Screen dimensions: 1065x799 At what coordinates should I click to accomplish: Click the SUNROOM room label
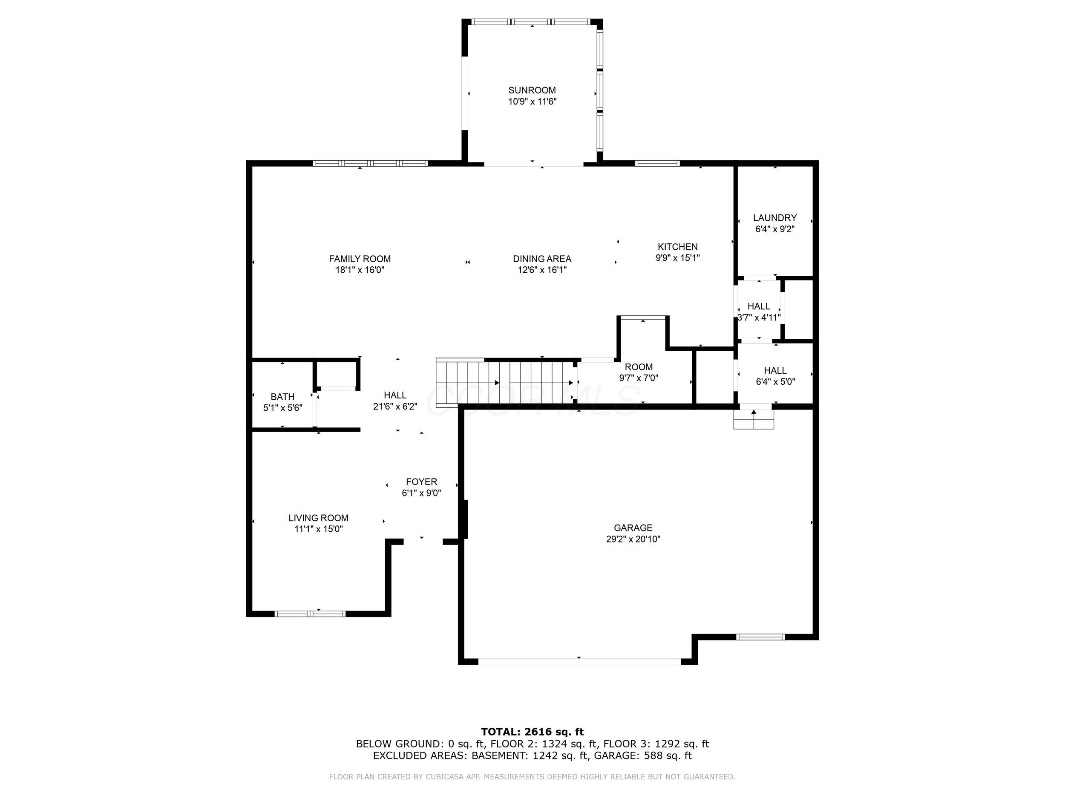(532, 90)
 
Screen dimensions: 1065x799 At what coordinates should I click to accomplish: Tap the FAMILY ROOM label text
(360, 259)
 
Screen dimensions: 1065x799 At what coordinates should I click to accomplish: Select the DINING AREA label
(542, 259)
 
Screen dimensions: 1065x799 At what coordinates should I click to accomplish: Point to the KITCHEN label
(677, 247)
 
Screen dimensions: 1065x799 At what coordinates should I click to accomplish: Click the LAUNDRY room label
(774, 218)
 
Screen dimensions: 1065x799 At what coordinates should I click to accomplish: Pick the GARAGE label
(633, 528)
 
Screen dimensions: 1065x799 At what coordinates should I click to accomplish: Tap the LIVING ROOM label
(318, 518)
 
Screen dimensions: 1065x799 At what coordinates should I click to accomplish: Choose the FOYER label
(421, 482)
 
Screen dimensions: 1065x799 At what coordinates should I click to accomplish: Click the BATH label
(282, 397)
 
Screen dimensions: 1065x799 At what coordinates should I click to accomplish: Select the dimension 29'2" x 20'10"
(633, 539)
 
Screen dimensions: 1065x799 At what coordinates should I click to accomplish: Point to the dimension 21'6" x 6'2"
(395, 407)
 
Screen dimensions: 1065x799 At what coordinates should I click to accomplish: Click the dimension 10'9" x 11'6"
(532, 101)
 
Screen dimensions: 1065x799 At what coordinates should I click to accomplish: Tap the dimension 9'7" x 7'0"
(639, 378)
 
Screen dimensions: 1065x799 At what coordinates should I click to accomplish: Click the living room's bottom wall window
(310, 614)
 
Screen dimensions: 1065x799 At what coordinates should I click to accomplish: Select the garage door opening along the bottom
(579, 661)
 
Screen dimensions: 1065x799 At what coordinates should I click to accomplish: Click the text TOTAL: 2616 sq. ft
(532, 732)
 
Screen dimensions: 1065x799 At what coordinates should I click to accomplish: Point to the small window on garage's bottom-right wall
(761, 637)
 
